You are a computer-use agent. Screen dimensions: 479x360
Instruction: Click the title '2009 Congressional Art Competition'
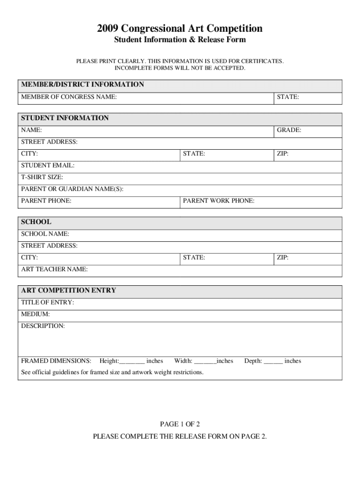pyautogui.click(x=180, y=29)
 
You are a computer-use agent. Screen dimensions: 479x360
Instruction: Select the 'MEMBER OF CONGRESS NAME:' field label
pyautogui.click(x=69, y=97)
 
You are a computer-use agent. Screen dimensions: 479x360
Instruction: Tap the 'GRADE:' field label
pyautogui.click(x=289, y=130)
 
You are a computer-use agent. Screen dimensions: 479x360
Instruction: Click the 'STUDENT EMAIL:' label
pyautogui.click(x=48, y=166)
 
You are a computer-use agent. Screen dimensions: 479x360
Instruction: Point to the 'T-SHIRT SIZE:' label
pyautogui.click(x=42, y=177)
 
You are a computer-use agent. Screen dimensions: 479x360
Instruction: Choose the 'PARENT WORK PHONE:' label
pyautogui.click(x=219, y=201)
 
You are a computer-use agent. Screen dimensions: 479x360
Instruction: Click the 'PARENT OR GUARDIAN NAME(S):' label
pyautogui.click(x=72, y=189)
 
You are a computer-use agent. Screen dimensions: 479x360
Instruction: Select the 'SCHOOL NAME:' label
pyautogui.click(x=45, y=233)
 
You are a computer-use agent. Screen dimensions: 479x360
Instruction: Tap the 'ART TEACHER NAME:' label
pyautogui.click(x=54, y=269)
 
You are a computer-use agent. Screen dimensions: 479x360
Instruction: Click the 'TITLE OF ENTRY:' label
pyautogui.click(x=47, y=303)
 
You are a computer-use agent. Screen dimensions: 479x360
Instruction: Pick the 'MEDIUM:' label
pyautogui.click(x=36, y=314)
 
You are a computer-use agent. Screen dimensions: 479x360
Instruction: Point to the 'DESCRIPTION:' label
pyautogui.click(x=43, y=326)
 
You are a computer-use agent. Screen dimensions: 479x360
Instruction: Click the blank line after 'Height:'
pyautogui.click(x=132, y=362)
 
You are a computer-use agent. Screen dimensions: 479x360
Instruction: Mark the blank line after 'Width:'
pyautogui.click(x=205, y=362)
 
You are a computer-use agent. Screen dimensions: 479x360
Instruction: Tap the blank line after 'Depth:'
pyautogui.click(x=274, y=362)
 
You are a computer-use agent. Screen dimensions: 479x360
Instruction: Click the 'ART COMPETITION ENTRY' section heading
pyautogui.click(x=68, y=290)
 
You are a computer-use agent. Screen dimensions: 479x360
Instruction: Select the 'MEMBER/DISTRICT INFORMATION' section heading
pyautogui.click(x=82, y=85)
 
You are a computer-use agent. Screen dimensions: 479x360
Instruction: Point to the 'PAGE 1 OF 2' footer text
pyautogui.click(x=180, y=424)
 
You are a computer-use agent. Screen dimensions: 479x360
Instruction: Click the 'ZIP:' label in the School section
pyautogui.click(x=282, y=258)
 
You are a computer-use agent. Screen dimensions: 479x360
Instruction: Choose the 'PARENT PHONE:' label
pyautogui.click(x=46, y=201)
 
